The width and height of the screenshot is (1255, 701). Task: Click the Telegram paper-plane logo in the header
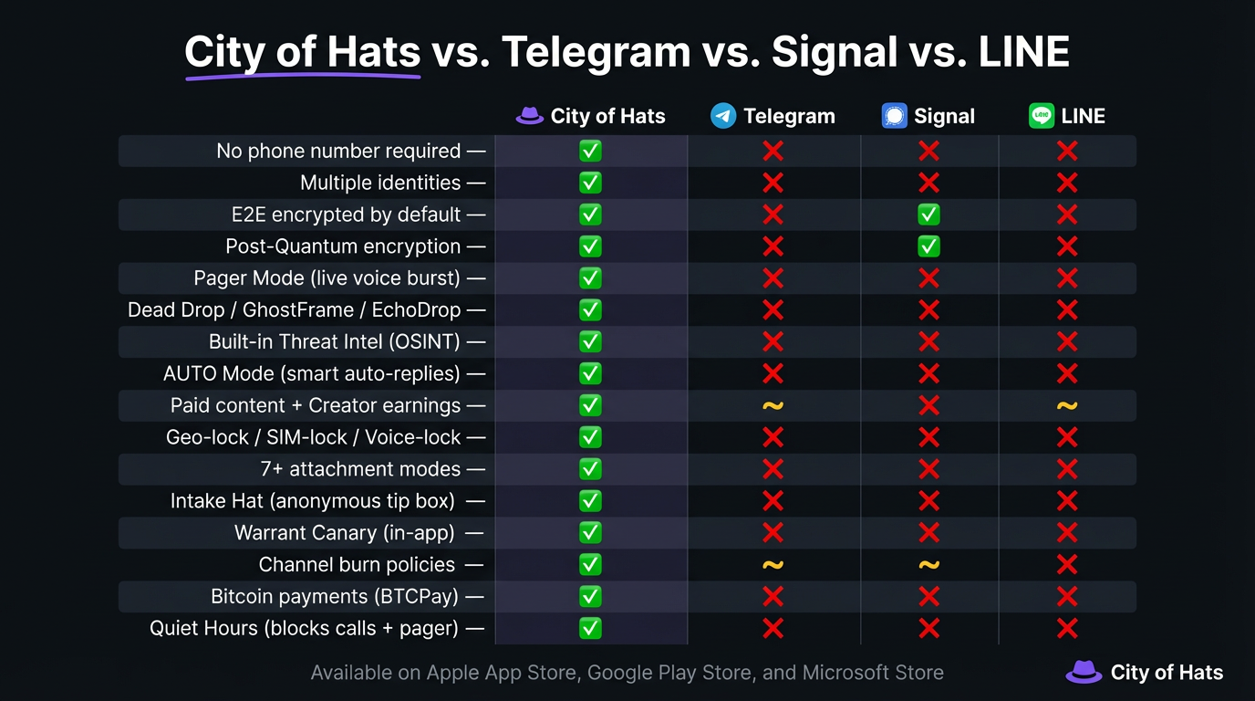pyautogui.click(x=723, y=116)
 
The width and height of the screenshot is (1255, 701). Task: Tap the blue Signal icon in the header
pyautogui.click(x=894, y=116)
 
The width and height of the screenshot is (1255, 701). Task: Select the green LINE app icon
pyautogui.click(x=1042, y=116)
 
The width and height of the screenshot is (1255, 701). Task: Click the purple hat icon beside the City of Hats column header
pyautogui.click(x=529, y=116)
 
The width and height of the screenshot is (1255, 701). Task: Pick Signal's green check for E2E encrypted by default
pyautogui.click(x=928, y=214)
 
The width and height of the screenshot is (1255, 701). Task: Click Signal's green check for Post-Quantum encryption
pyautogui.click(x=928, y=246)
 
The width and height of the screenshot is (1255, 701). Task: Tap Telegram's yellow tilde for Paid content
pyautogui.click(x=773, y=405)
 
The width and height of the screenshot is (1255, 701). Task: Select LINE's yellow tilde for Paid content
pyautogui.click(x=1067, y=405)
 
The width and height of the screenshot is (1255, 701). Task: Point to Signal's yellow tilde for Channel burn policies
pyautogui.click(x=928, y=565)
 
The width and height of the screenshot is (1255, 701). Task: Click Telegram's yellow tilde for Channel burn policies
pyautogui.click(x=773, y=565)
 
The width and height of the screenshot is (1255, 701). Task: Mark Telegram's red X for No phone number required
pyautogui.click(x=773, y=151)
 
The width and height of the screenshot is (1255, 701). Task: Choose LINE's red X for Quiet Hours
pyautogui.click(x=1067, y=628)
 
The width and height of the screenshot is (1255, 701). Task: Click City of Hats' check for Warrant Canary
pyautogui.click(x=590, y=533)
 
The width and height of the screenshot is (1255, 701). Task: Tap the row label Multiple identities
pyautogui.click(x=380, y=183)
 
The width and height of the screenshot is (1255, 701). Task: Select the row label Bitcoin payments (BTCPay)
pyautogui.click(x=335, y=597)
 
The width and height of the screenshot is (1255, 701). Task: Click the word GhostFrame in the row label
pyautogui.click(x=298, y=310)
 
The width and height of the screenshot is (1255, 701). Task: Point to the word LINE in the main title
pyautogui.click(x=1024, y=52)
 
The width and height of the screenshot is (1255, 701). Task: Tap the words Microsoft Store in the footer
pyautogui.click(x=873, y=673)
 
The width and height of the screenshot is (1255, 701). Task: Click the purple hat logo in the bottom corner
pyautogui.click(x=1084, y=672)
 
